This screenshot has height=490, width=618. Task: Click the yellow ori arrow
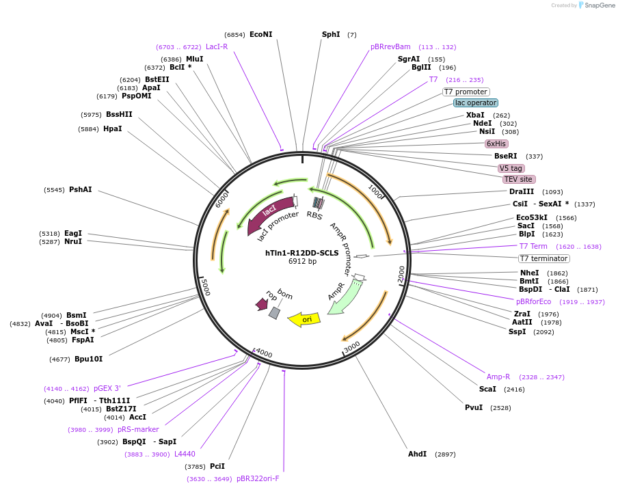click(304, 319)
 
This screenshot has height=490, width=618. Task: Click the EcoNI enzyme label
click(260, 34)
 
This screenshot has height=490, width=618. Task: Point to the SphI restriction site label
click(331, 34)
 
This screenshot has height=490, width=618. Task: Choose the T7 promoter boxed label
click(466, 92)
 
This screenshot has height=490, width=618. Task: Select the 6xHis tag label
click(496, 144)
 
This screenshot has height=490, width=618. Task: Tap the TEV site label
click(518, 179)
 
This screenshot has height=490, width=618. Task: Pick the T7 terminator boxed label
click(543, 258)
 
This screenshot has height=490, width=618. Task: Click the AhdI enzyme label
click(417, 454)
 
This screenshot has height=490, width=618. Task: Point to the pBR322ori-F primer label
click(258, 478)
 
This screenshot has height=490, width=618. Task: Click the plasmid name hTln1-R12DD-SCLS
click(301, 252)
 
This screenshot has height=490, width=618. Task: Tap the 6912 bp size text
click(301, 261)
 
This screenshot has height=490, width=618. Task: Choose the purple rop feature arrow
click(261, 303)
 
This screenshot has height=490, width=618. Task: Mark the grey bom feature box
click(274, 312)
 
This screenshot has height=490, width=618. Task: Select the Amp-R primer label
click(498, 377)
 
